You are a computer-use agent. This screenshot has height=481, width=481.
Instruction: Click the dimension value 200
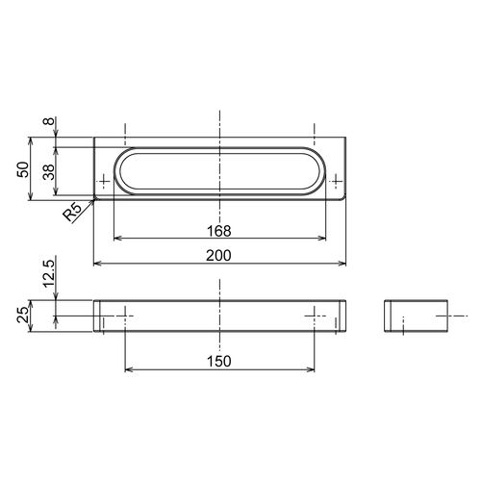(x=218, y=256)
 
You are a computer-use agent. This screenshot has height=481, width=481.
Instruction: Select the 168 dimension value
(x=219, y=231)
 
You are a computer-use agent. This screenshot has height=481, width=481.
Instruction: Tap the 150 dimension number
(x=219, y=362)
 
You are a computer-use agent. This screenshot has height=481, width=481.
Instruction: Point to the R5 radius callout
(x=72, y=213)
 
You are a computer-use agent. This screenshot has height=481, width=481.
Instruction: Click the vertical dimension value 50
(x=23, y=169)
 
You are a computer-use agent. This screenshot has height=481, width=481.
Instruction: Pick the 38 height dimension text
(x=49, y=172)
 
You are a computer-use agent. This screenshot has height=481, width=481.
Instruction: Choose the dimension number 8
(x=49, y=121)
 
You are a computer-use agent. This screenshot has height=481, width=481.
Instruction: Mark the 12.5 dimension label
(x=49, y=273)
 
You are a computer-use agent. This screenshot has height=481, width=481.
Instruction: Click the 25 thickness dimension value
(x=23, y=315)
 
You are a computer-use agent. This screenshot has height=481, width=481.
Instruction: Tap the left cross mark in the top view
(x=104, y=182)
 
